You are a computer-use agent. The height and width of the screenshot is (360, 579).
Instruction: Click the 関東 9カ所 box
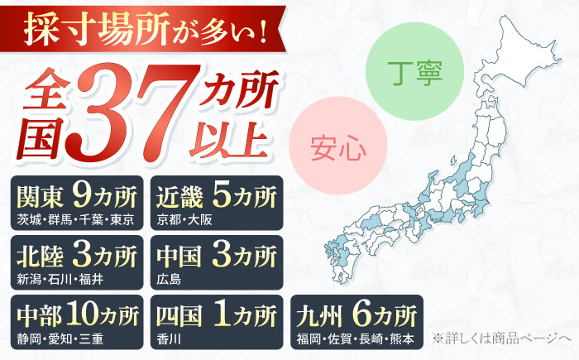coord(78,204)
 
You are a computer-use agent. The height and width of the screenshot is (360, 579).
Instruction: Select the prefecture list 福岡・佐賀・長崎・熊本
coord(356,338)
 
